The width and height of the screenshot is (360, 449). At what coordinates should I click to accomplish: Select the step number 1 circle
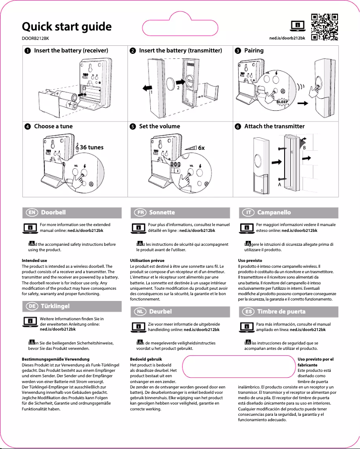[x=27, y=51]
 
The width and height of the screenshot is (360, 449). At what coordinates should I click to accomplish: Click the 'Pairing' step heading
[x=254, y=51]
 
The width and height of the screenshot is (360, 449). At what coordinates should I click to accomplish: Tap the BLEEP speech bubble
[x=281, y=102]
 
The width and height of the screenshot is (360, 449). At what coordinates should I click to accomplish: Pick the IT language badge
[x=247, y=212]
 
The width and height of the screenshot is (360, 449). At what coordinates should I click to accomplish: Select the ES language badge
[x=247, y=311]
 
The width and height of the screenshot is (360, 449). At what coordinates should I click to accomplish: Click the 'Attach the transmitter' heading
[x=274, y=126]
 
